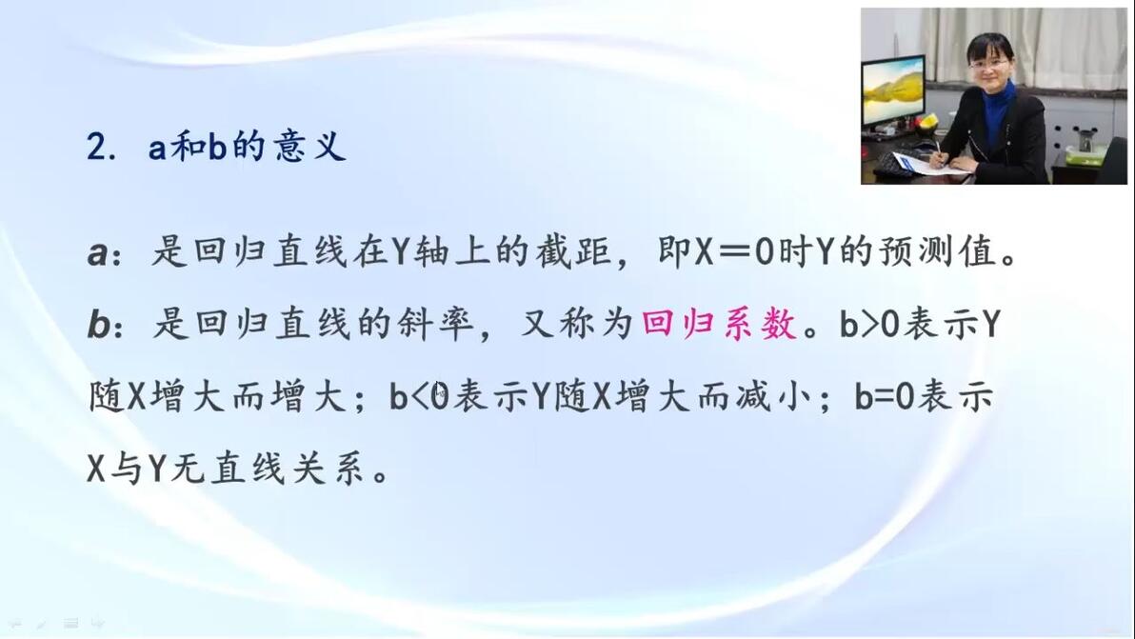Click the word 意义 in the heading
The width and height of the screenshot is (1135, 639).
[309, 147]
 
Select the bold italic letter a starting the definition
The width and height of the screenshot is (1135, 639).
[98, 253]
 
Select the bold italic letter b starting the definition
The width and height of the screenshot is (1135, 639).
[98, 324]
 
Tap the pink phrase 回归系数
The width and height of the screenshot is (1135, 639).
[719, 324]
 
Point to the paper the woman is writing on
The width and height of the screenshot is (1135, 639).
[927, 165]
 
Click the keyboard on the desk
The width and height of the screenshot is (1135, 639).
[895, 165]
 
